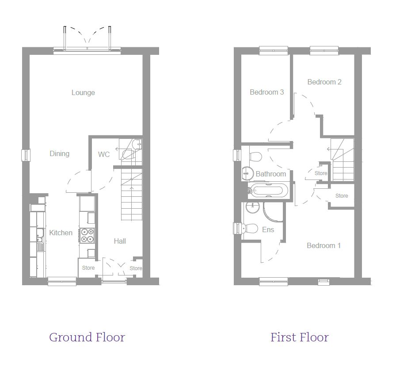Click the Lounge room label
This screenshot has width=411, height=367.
83,92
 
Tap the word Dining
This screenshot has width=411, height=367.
60,153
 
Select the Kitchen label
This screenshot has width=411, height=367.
61,233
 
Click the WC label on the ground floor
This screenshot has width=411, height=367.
104,154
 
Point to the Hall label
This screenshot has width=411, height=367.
120,241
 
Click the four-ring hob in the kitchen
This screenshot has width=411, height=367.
88,235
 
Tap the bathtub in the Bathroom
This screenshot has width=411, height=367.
268,190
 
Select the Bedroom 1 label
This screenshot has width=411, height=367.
323,245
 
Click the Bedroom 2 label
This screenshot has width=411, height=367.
324,82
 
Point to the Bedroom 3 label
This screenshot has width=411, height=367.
267,92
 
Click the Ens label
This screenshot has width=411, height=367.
268,229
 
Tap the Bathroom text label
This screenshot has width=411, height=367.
271,174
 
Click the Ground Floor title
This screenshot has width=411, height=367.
87,337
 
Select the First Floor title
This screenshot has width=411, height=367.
300,337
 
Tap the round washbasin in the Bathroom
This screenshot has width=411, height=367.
247,173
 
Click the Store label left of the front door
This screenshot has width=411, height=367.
88,268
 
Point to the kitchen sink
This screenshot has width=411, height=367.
40,240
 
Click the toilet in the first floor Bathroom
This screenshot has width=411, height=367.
255,157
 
